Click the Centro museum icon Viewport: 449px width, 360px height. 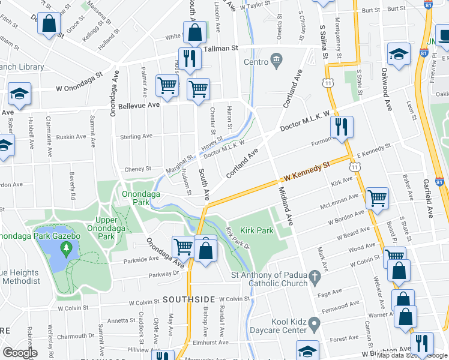(x=276, y=60)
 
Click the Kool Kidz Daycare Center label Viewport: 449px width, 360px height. (x=280, y=326)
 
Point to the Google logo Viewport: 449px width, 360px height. (x=19, y=353)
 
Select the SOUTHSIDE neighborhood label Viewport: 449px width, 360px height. (x=188, y=299)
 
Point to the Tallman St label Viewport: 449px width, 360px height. (x=221, y=49)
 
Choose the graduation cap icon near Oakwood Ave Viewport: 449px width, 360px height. (x=398, y=55)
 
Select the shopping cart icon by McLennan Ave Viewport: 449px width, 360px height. (x=376, y=198)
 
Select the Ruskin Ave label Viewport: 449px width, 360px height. (x=71, y=137)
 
